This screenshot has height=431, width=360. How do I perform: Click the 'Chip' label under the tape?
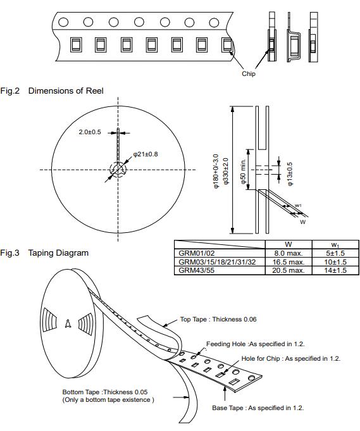pyautogui.click(x=249, y=74)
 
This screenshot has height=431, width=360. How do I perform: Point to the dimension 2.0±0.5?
pyautogui.click(x=90, y=132)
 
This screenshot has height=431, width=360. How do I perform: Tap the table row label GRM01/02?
pyautogui.click(x=196, y=253)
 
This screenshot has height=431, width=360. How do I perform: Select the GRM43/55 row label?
pyautogui.click(x=196, y=270)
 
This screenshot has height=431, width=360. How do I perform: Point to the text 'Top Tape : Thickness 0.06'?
pyautogui.click(x=218, y=320)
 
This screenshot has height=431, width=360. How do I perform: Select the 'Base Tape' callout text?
pyautogui.click(x=258, y=408)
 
